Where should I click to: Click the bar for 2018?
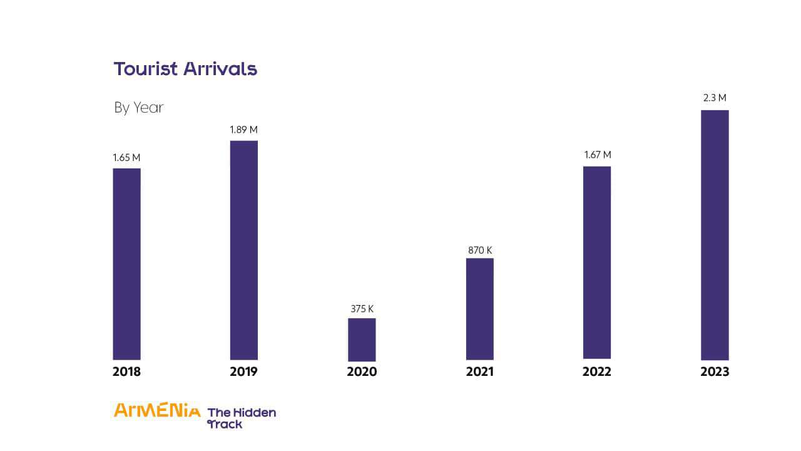[x=126, y=264]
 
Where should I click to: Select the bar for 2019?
[x=243, y=250]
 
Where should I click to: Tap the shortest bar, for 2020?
[x=362, y=339]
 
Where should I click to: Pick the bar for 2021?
[x=479, y=309]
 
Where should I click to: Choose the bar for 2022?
[x=597, y=262]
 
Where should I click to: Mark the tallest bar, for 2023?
[x=715, y=235]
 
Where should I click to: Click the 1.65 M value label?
[x=126, y=158]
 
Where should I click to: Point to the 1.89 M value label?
[x=243, y=130]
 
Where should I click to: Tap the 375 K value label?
[x=362, y=309]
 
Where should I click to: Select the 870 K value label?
[x=480, y=251]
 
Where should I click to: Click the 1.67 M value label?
[x=597, y=155]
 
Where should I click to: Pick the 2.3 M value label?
[x=715, y=98]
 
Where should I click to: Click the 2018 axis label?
[x=126, y=371]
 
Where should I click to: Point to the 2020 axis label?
[x=362, y=371]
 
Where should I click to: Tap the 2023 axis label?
[x=715, y=371]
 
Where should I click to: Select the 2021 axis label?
[x=479, y=371]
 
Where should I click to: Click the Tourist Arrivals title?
[x=185, y=69]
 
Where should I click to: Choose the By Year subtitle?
[x=138, y=108]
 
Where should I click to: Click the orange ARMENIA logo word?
[x=157, y=411]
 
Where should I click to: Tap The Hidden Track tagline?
[x=241, y=418]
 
